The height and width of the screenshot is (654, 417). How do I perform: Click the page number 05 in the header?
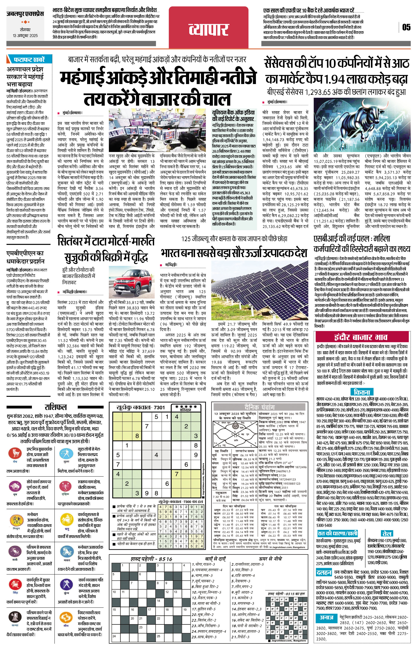click(406, 27)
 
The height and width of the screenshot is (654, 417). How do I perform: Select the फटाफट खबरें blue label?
click(29, 59)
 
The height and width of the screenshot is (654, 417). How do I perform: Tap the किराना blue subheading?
click(362, 392)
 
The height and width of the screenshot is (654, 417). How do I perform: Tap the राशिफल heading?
click(55, 407)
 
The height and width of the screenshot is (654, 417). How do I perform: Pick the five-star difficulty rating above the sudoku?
click(186, 406)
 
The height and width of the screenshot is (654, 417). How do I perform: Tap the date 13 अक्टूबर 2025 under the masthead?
click(25, 36)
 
